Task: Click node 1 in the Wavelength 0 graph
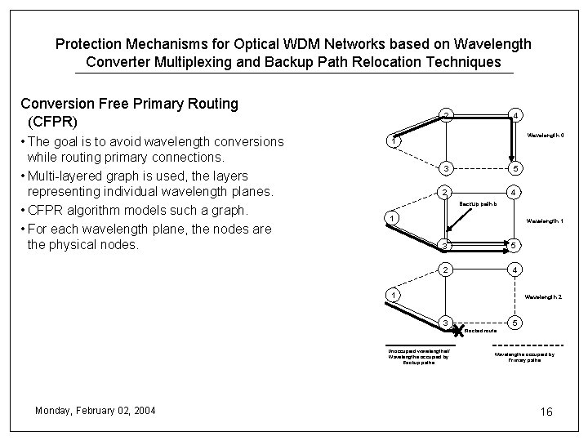[393, 141]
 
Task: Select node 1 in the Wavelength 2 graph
[393, 294]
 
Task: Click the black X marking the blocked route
[458, 329]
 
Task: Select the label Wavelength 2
[543, 297]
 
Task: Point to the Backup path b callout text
[477, 203]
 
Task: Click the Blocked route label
[481, 331]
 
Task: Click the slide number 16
[546, 412]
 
